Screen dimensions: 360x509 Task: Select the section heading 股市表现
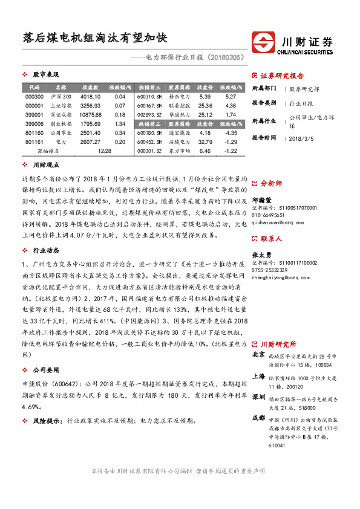click(x=46, y=74)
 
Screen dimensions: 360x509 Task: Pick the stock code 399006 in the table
click(x=34, y=124)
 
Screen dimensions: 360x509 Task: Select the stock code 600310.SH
click(x=149, y=97)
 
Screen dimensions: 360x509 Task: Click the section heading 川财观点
click(x=46, y=164)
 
